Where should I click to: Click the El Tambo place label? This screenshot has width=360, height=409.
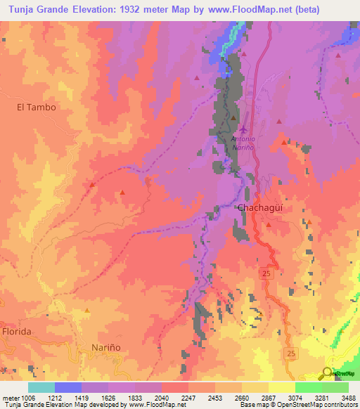(36, 108)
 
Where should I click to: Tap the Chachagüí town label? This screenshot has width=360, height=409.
(260, 209)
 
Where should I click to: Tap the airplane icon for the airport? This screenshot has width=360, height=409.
(243, 129)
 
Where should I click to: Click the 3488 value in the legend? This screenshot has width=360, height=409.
(347, 397)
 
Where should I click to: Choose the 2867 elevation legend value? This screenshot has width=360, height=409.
(269, 397)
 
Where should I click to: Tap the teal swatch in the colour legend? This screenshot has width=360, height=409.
(41, 387)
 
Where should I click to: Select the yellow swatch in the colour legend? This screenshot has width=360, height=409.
(282, 387)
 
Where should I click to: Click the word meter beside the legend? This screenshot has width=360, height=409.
(8, 397)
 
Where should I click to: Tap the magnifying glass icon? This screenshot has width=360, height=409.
(327, 373)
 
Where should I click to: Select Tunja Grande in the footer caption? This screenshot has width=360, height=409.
(22, 405)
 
